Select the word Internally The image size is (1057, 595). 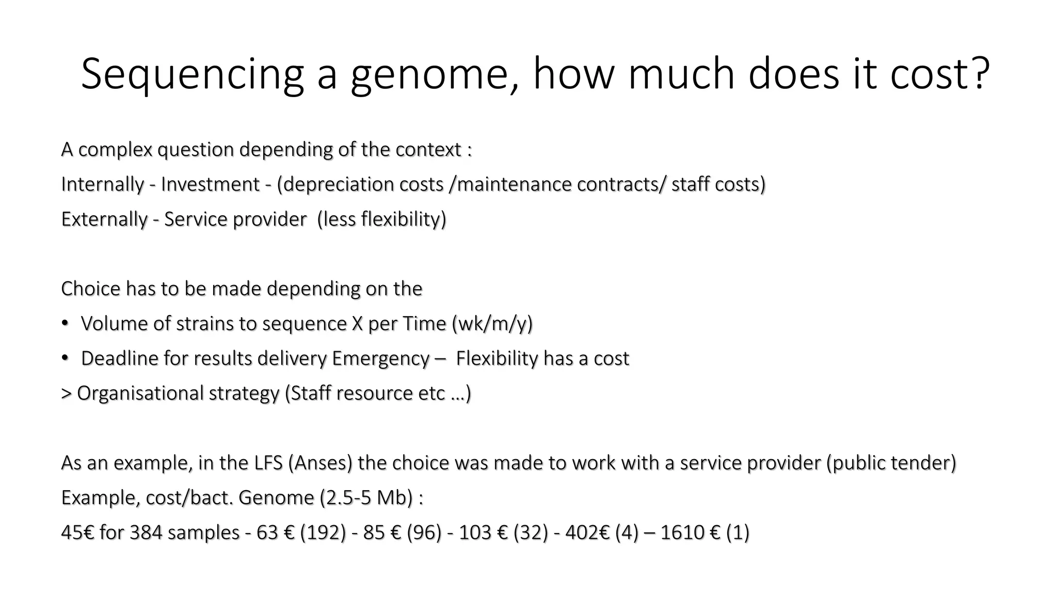coord(102,184)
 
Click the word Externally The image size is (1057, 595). coord(104,219)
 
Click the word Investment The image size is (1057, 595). coord(210,184)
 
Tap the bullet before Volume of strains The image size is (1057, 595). coord(65,323)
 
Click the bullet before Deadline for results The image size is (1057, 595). coord(65,358)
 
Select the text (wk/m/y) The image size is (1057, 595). coord(492,324)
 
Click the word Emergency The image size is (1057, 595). coord(380,358)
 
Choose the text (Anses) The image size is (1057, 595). coord(320,463)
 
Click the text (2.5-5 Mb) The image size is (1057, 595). coord(366,498)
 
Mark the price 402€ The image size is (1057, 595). coord(587,533)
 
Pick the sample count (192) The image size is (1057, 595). coord(323,533)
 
